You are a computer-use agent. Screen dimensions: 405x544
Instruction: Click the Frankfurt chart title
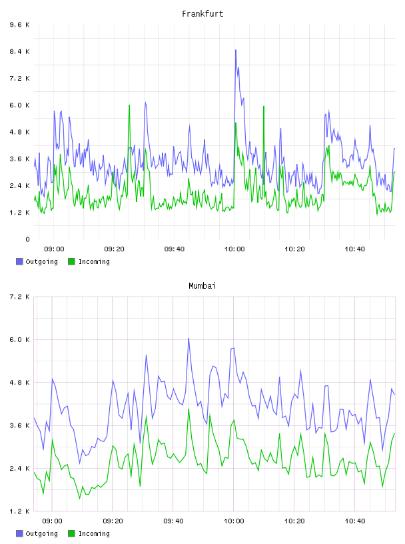[x=202, y=14]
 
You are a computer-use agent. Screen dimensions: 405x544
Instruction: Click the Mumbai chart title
[x=202, y=286]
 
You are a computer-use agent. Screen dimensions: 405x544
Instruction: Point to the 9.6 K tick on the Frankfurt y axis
[x=20, y=25]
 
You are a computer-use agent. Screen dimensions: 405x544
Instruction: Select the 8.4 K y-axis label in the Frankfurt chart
[x=20, y=52]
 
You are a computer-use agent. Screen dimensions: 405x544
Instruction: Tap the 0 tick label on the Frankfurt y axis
[x=27, y=239]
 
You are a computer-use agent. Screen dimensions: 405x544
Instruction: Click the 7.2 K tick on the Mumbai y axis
[x=20, y=297]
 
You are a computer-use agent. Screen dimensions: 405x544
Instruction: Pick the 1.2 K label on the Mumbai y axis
[x=20, y=511]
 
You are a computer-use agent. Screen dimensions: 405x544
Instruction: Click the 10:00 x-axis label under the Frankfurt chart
[x=234, y=249]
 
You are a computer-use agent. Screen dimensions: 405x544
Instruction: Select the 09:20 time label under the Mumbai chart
[x=113, y=521]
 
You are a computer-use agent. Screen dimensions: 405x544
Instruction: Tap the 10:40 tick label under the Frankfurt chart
[x=355, y=249]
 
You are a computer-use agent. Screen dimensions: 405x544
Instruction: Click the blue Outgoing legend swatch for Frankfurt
[x=19, y=261]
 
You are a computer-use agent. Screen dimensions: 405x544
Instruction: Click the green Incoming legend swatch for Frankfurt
[x=71, y=261]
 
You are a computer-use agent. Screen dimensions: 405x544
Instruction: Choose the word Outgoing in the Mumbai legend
[x=41, y=533]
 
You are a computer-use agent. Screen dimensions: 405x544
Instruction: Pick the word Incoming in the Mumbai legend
[x=94, y=533]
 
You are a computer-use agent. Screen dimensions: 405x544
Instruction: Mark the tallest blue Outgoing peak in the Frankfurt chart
[x=236, y=50]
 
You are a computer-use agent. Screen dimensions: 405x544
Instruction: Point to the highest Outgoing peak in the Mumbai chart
[x=189, y=338]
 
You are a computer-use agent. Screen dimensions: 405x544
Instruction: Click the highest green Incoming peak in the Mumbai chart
[x=189, y=409]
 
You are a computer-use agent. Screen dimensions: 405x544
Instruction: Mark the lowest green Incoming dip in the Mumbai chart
[x=80, y=499]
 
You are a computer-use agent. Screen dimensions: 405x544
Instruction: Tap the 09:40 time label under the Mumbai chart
[x=174, y=521]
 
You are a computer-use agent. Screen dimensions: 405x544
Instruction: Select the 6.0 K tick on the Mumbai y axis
[x=20, y=339]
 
